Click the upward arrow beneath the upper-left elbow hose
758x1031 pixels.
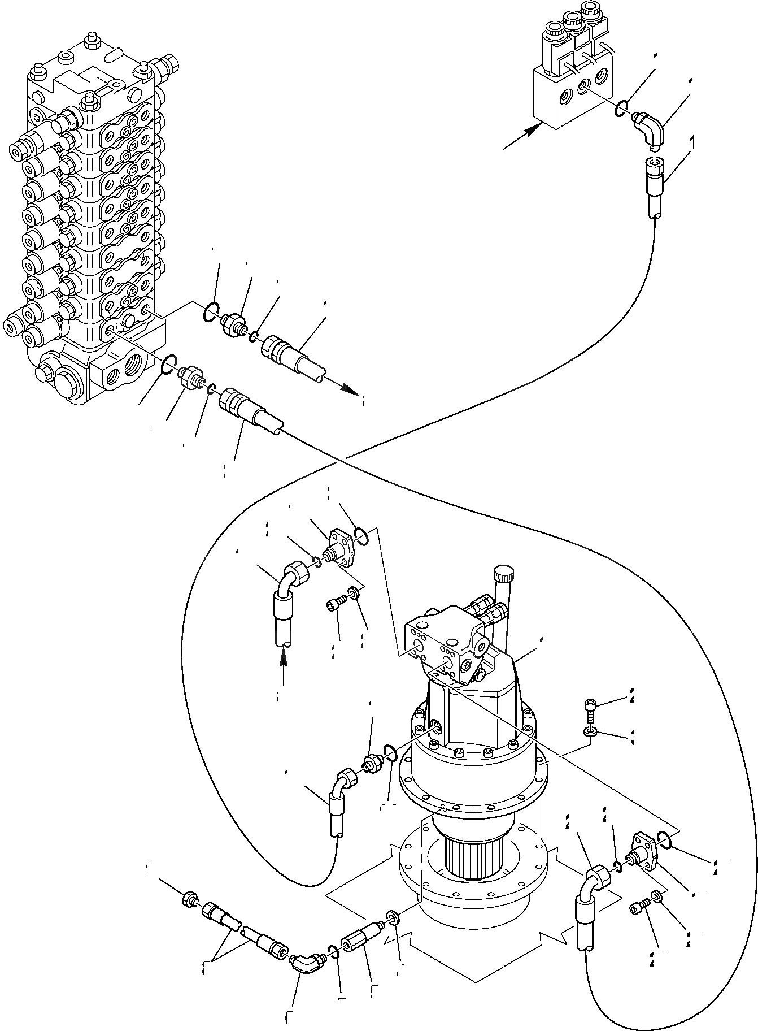pos(283,658)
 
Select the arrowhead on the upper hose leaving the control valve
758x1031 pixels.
pos(351,391)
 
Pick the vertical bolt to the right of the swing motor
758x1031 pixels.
pos(590,711)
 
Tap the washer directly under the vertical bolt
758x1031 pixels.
pos(590,733)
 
